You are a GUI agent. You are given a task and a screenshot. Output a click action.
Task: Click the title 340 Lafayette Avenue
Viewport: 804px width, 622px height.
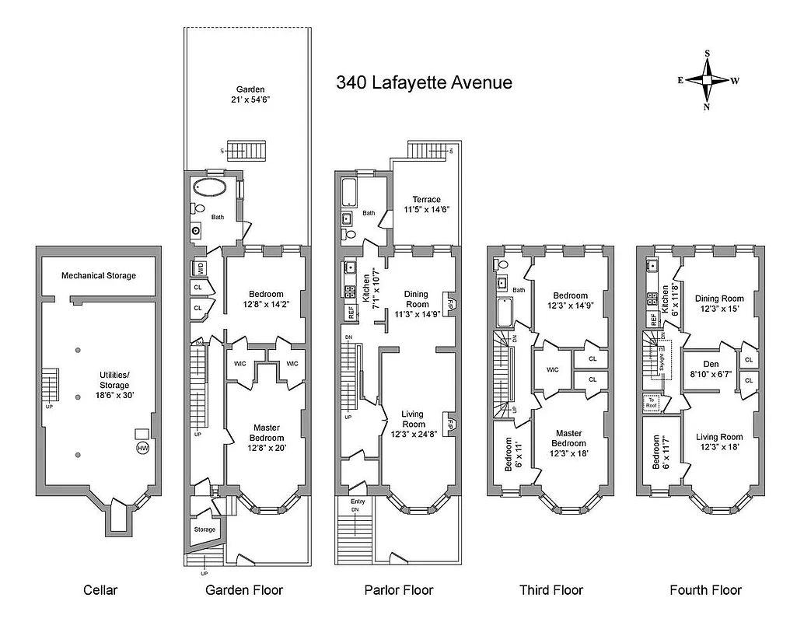[424, 82]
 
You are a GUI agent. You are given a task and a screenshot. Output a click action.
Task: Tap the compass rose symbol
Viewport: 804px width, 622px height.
[707, 80]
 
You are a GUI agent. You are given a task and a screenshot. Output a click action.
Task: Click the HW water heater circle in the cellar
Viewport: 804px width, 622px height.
[142, 449]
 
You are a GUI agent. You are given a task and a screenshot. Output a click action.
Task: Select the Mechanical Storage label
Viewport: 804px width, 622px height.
[99, 275]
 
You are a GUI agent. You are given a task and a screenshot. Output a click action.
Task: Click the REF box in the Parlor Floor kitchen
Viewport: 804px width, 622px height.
[351, 313]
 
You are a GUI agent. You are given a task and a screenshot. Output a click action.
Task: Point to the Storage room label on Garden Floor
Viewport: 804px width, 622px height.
[204, 529]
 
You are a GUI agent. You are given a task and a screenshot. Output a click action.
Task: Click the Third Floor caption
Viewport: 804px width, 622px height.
[551, 590]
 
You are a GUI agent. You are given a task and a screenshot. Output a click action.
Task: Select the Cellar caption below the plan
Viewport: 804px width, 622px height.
[100, 590]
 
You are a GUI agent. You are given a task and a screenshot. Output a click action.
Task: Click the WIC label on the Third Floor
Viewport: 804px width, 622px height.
[553, 369]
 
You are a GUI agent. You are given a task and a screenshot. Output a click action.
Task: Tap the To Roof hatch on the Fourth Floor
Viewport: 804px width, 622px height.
[652, 403]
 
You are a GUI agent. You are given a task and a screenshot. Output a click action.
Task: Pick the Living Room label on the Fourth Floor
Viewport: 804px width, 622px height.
[718, 442]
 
